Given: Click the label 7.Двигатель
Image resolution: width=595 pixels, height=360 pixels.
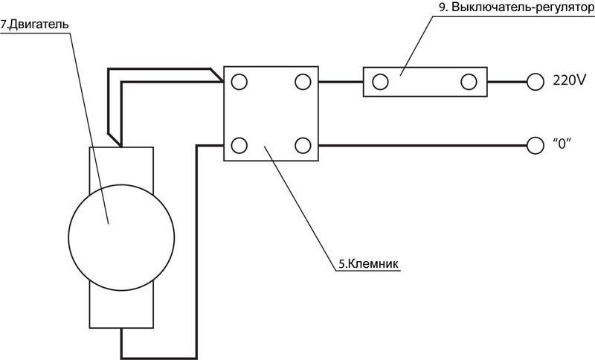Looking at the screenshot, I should (x=35, y=24).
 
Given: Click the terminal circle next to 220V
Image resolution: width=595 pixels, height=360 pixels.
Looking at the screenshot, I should (x=534, y=82).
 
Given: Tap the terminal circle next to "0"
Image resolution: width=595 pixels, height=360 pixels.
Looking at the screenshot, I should (x=534, y=144).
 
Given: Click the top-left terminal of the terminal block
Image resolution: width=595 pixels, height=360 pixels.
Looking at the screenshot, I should (x=239, y=82).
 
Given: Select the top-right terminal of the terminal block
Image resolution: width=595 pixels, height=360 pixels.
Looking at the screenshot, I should (x=303, y=82).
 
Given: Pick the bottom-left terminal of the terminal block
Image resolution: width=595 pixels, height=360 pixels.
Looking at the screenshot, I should (x=239, y=144).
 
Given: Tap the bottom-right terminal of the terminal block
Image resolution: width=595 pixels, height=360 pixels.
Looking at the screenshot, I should (x=303, y=144).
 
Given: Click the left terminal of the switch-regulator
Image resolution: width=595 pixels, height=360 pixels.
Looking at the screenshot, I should (x=379, y=82).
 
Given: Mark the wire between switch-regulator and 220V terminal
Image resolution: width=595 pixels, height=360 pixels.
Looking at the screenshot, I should (x=506, y=82).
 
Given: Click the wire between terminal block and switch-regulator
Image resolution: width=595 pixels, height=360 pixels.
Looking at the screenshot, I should (x=341, y=82).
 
